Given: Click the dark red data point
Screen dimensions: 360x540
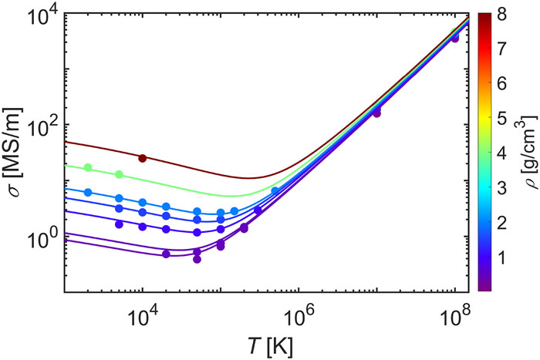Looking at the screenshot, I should tap(142, 158).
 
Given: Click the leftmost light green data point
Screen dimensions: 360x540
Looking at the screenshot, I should tap(88, 167).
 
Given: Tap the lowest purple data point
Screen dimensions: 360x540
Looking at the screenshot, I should tap(197, 259).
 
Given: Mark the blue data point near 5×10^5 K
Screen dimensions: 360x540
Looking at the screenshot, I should tap(275, 190).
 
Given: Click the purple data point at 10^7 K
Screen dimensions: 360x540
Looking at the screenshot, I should tap(377, 113).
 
